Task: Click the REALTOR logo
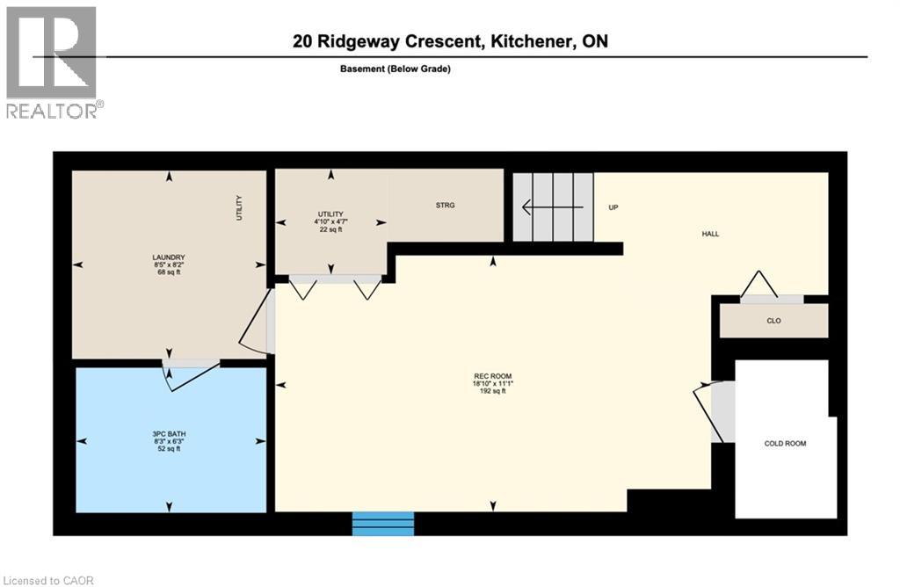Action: (55, 62)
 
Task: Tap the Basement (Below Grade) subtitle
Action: (395, 69)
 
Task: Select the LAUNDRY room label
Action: (169, 257)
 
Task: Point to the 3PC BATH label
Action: (169, 434)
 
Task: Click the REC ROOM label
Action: (492, 376)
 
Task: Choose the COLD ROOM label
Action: (785, 444)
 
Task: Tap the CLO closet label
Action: (773, 321)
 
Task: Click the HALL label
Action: (710, 234)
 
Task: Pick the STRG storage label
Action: (445, 205)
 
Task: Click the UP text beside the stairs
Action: (613, 207)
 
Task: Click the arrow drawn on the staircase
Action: (552, 207)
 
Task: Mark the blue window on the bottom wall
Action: (383, 524)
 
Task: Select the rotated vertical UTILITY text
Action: (239, 208)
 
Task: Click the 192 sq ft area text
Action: (492, 391)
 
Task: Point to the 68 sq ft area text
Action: (169, 272)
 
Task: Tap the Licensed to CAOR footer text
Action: (47, 581)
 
